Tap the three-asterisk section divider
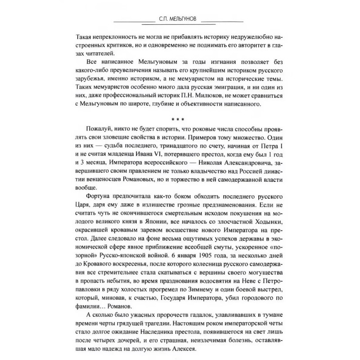point(180,120)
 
